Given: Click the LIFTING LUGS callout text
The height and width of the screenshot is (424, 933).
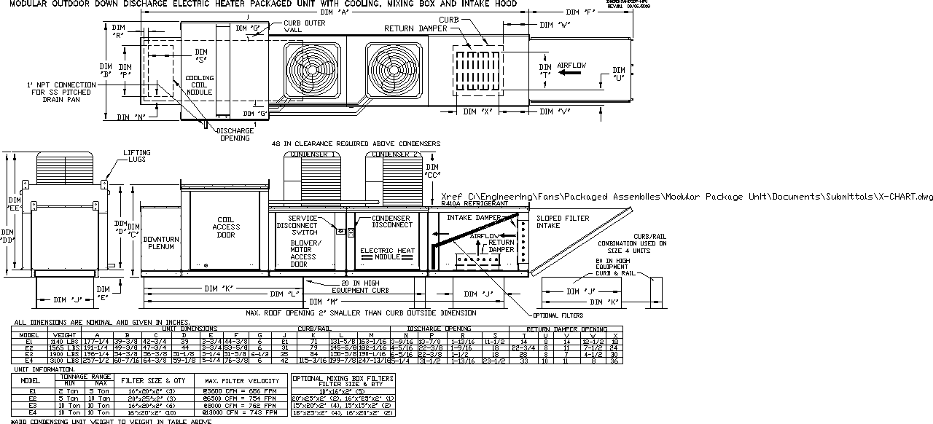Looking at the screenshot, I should click(137, 157).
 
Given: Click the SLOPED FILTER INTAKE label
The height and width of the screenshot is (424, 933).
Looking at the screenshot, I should click(558, 222).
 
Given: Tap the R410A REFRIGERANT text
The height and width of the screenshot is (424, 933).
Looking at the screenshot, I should click(474, 205).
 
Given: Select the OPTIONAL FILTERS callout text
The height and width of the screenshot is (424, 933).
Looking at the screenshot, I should click(558, 315).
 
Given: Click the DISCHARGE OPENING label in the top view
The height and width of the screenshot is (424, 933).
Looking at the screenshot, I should click(234, 134).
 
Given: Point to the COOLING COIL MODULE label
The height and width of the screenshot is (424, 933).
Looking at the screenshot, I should click(200, 85).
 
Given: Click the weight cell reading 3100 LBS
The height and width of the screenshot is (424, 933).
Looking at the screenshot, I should click(60, 361).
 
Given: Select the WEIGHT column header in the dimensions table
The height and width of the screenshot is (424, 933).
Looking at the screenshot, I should click(60, 335).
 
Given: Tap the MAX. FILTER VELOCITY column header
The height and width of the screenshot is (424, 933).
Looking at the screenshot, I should click(241, 381).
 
